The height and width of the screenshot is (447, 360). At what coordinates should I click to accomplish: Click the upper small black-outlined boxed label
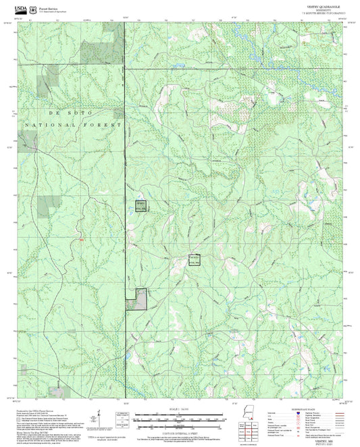pyautogui.click(x=140, y=206)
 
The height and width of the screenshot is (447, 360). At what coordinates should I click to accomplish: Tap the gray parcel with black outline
pyautogui.click(x=141, y=298)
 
